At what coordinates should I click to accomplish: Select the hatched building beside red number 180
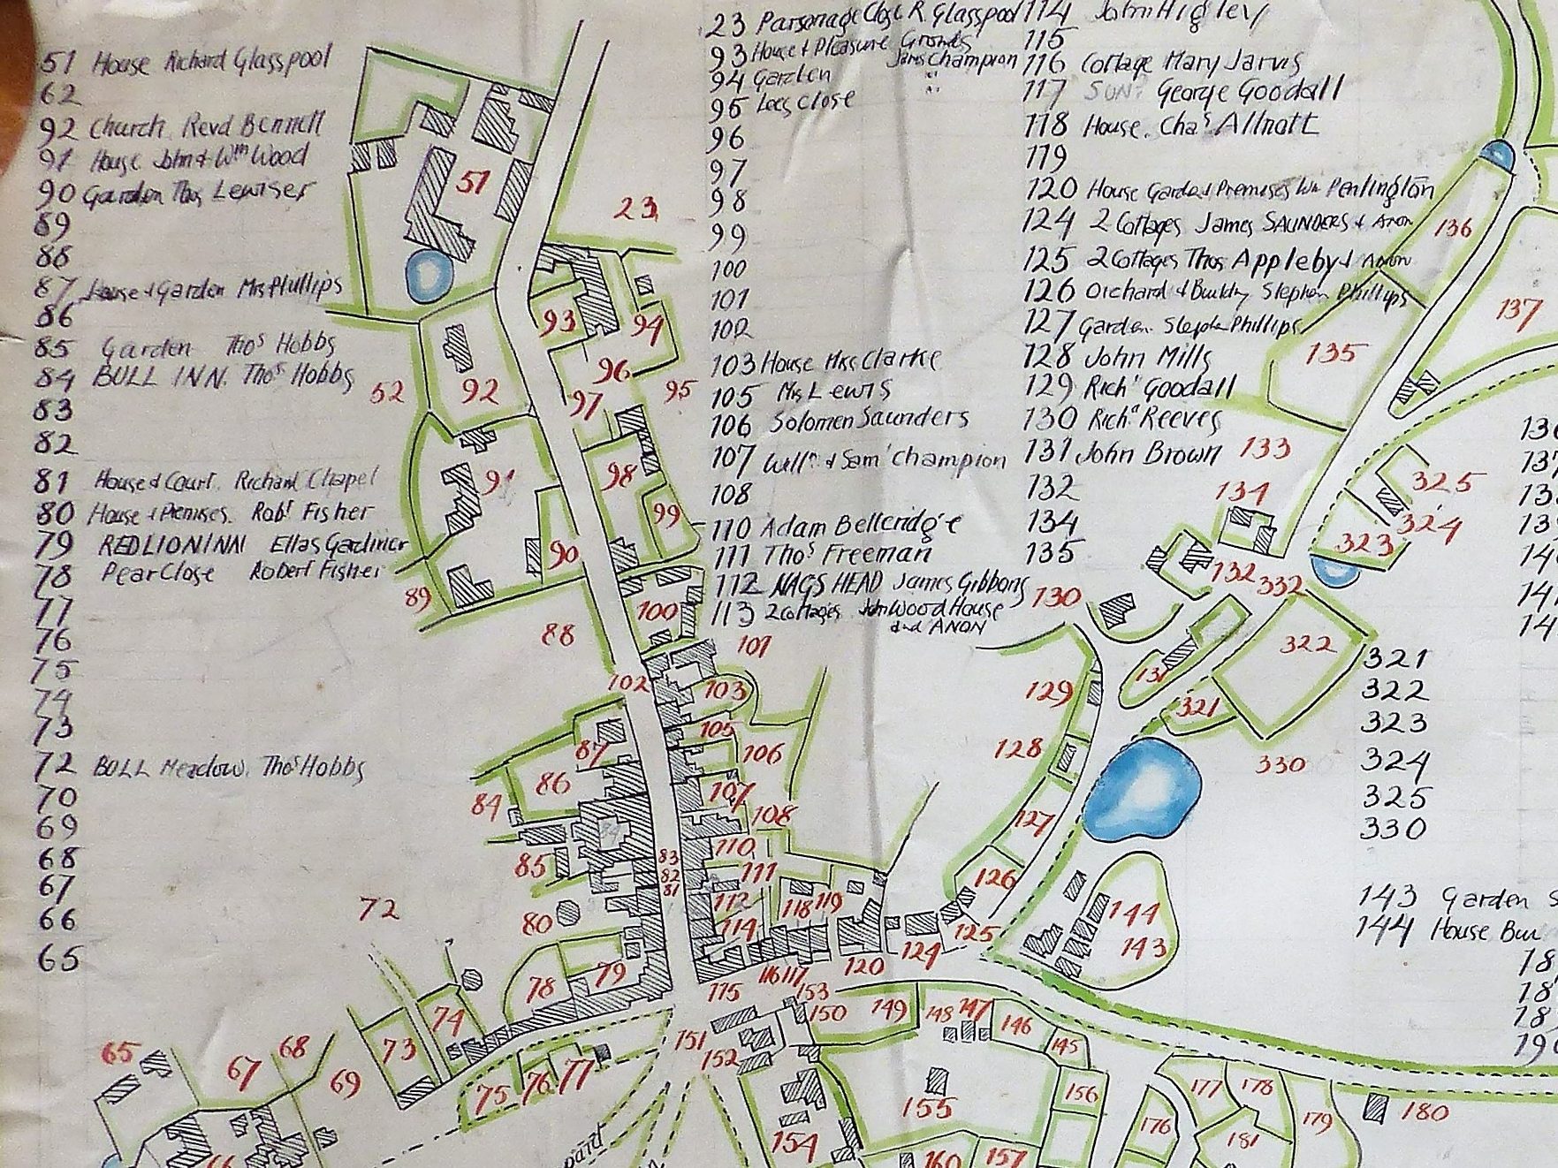[1375, 1105]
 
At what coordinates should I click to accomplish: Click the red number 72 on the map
[379, 909]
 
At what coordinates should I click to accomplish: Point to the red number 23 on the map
[638, 209]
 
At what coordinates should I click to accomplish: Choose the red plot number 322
[1309, 644]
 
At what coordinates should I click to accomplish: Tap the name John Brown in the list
[1148, 454]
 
